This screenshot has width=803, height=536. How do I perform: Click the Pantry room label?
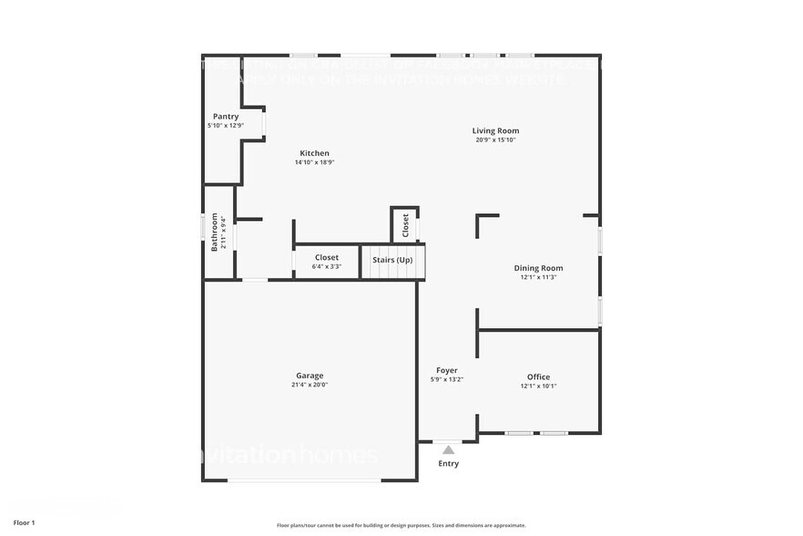pos(226,117)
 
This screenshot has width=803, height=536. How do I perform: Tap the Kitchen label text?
pos(315,153)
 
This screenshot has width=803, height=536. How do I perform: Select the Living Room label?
pos(495,131)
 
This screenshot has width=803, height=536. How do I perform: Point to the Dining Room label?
pos(538,268)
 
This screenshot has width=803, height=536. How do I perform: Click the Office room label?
pos(538,376)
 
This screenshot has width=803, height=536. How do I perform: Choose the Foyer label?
pos(446,370)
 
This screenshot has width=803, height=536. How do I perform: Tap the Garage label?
pos(310,376)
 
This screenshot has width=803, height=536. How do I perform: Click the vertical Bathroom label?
pos(216,232)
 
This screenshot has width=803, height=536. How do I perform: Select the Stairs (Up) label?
pos(392,260)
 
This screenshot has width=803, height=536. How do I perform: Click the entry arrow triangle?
pos(448,449)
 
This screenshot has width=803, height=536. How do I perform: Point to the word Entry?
pos(448,464)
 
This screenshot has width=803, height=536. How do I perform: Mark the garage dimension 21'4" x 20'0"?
pos(310,385)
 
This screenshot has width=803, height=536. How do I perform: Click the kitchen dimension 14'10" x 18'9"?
pos(315,162)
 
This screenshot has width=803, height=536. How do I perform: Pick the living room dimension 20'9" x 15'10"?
pos(495,140)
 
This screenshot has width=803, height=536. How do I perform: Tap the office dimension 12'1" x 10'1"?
pos(538,386)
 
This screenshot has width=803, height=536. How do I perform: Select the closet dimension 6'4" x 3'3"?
pos(327,266)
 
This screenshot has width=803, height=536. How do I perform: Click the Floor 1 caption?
pos(25,522)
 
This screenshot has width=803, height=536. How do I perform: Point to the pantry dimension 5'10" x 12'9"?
pos(226,125)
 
